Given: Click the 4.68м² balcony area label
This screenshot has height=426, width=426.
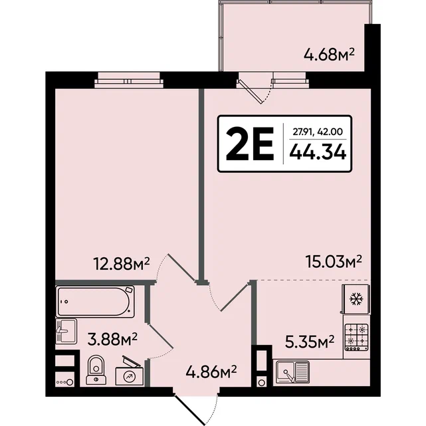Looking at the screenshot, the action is [x=329, y=55].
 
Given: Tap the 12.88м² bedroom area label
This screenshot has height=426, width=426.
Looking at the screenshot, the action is [x=121, y=264].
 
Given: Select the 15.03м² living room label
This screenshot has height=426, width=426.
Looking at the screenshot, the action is [x=334, y=262].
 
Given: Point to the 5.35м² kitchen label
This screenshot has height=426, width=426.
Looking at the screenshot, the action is [x=310, y=342].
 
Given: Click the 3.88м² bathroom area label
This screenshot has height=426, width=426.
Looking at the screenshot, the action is [x=112, y=340].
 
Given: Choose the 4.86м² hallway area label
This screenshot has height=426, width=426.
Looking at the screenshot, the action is [x=211, y=372].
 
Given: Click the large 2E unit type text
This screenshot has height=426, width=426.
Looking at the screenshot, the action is [x=250, y=144].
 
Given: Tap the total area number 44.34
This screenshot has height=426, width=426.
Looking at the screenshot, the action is [x=318, y=152].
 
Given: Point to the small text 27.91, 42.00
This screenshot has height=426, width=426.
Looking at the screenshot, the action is [x=318, y=132].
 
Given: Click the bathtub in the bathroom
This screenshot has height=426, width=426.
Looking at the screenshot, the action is [x=95, y=301].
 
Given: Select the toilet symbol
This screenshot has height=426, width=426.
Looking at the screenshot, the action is [x=96, y=370].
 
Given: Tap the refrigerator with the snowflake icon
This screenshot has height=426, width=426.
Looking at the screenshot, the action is [x=356, y=299].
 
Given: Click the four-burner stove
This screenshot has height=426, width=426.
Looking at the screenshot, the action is [x=356, y=337].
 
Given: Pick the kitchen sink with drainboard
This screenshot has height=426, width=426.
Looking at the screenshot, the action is [x=292, y=372].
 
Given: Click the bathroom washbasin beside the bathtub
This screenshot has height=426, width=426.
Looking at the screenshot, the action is [x=66, y=332].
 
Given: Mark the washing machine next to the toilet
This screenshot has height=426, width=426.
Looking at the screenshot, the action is [x=130, y=372].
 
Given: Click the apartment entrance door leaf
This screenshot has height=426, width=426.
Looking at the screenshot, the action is [x=189, y=409].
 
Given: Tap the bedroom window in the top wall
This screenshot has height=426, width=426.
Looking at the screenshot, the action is [x=129, y=80].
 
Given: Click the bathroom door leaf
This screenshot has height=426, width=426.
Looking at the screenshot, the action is [x=160, y=336].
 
